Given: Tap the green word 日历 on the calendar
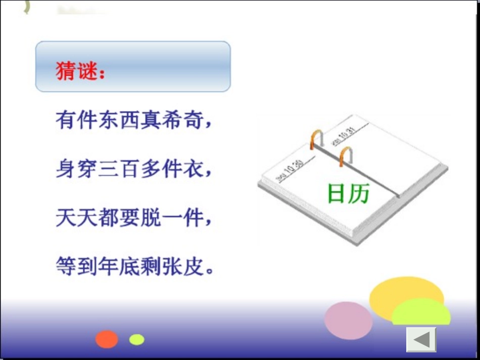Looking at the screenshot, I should click(349, 194).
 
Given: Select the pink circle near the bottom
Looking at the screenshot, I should click(348, 320).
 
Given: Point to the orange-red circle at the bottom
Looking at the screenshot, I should click(107, 339).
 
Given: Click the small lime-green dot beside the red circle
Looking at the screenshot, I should click(136, 339).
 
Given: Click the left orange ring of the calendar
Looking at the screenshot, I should click(317, 139).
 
